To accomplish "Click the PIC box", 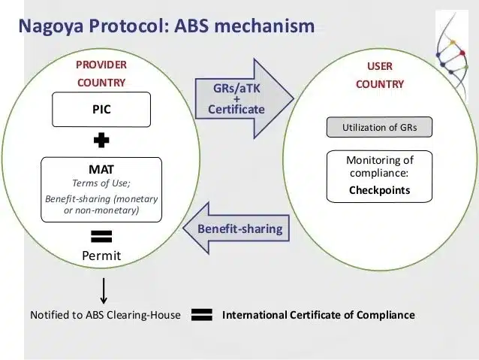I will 101,110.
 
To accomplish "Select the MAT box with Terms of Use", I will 101,189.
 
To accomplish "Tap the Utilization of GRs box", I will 379,127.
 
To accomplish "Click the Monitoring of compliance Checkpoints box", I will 379,176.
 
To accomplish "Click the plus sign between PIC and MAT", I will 101,141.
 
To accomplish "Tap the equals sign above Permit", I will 101,236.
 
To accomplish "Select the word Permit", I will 101,256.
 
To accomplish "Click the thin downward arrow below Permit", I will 104,289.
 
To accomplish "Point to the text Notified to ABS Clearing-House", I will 105,315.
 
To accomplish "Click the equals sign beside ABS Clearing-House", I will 201,315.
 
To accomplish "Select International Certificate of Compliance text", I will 318,315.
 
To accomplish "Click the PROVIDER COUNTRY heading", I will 101,73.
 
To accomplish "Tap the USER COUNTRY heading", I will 379,75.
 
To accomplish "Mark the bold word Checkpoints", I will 379,190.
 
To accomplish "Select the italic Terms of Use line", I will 101,183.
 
